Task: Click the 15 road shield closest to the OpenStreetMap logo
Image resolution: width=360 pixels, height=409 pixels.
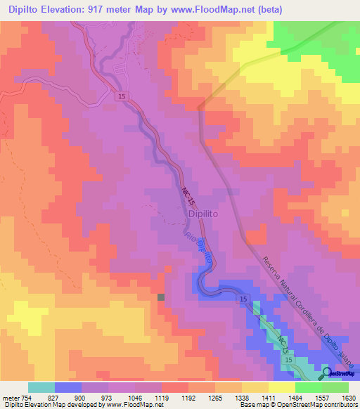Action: [x=288, y=359]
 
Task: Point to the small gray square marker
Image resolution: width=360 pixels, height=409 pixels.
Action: [x=161, y=297]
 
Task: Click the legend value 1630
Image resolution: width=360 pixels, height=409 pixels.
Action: [x=349, y=398]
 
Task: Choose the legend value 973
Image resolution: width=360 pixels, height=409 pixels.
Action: [x=108, y=398]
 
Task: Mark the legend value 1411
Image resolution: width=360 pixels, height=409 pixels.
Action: [x=269, y=398]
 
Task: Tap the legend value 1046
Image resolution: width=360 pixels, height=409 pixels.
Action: [x=135, y=398]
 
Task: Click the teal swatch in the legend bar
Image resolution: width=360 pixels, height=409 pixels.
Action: [x=41, y=387]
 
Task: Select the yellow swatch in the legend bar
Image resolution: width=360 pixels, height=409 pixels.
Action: [x=281, y=387]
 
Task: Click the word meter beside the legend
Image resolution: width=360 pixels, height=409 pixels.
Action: [x=11, y=398]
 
